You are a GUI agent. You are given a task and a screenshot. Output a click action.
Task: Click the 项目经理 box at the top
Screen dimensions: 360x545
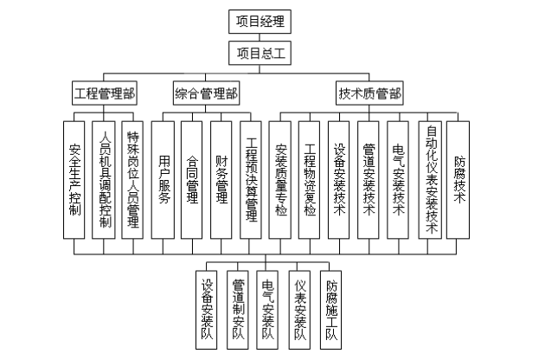tap(261, 22)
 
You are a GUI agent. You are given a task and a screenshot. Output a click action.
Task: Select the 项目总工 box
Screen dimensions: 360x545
tap(261, 53)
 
